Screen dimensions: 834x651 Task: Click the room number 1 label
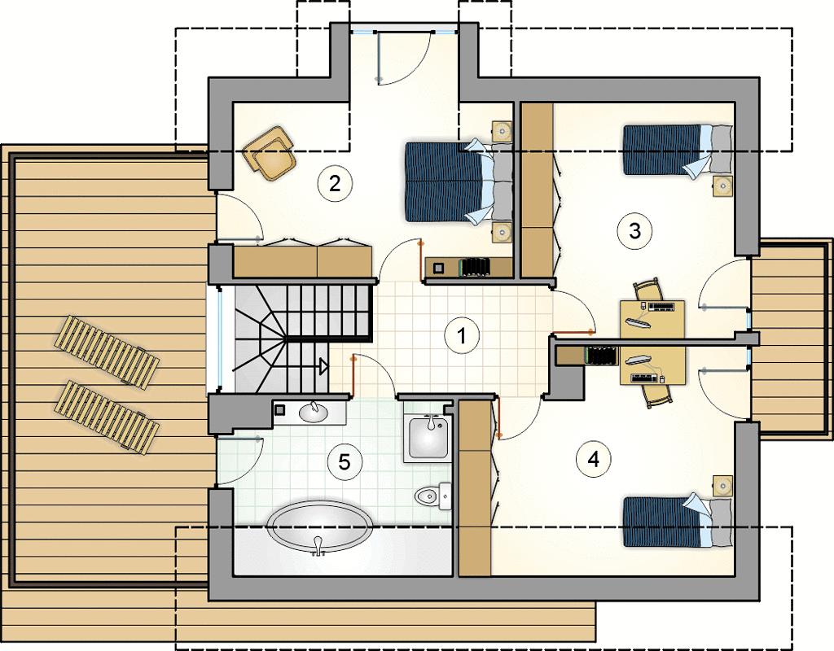[x=462, y=336]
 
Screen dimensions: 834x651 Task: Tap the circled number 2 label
[x=335, y=184]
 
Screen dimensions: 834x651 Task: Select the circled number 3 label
[x=634, y=231]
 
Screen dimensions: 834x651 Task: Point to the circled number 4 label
[x=594, y=459]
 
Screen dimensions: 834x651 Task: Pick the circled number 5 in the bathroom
[x=345, y=462]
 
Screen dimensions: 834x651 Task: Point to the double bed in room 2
[x=459, y=181]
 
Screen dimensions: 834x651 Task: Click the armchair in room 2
[x=269, y=153]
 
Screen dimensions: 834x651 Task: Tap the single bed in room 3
[x=678, y=150]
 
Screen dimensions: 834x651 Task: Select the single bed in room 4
[x=678, y=522]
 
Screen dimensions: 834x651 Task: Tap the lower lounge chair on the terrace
[x=107, y=417]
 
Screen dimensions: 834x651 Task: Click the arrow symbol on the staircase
[x=323, y=367]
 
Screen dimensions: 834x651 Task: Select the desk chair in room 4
[x=657, y=395]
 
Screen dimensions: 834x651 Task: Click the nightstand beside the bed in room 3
[x=723, y=186]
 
